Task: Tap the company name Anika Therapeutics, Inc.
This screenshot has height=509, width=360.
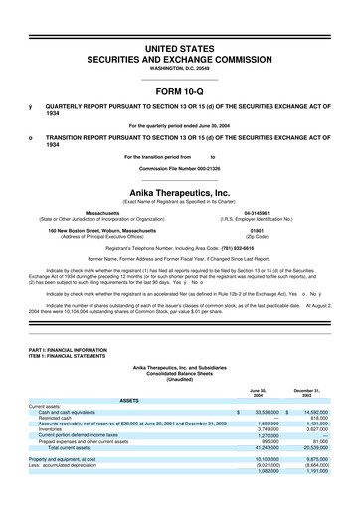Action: coord(179,196)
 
